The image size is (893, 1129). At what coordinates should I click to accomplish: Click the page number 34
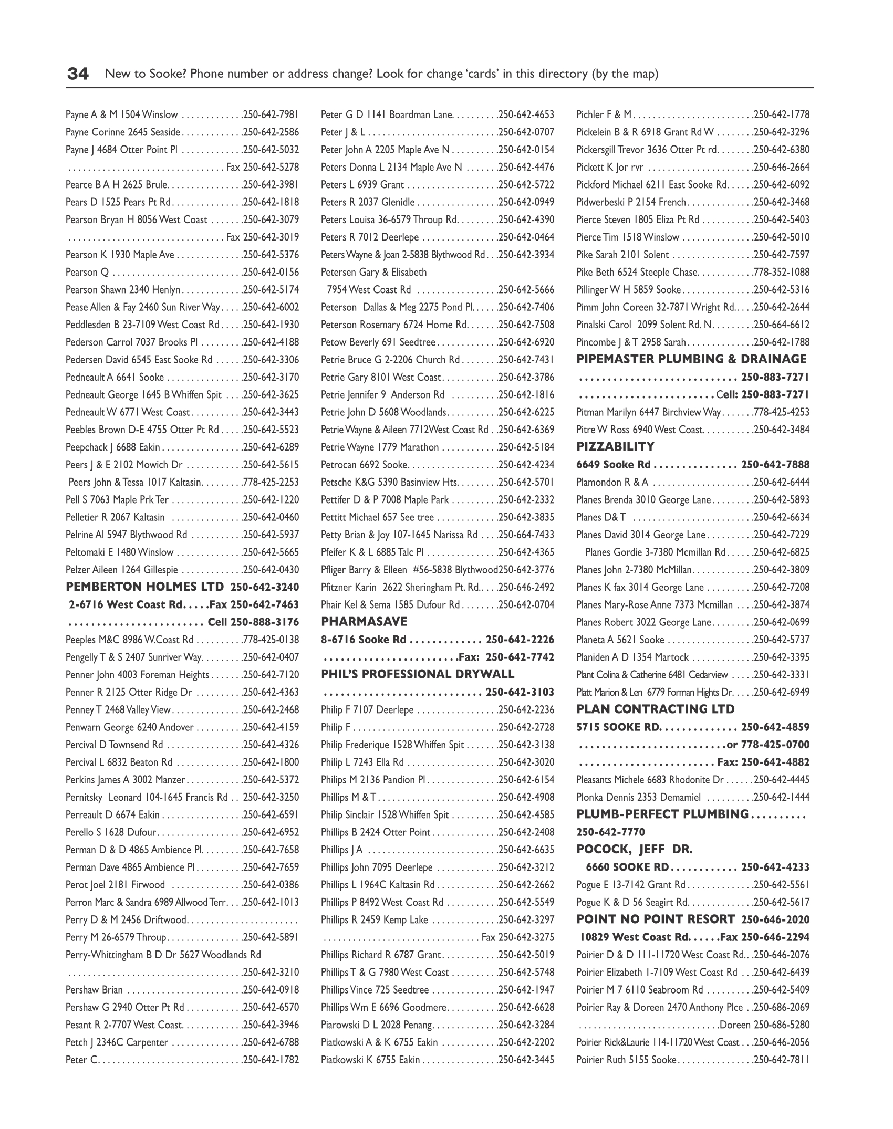pos(78,74)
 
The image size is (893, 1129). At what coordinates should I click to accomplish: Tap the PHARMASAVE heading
pos(364,622)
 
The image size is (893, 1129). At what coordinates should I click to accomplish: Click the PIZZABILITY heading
pos(615,447)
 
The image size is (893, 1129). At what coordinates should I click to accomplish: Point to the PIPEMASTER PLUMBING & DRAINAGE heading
pos(691,359)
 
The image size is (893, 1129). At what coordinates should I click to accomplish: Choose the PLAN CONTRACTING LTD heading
pos(656,709)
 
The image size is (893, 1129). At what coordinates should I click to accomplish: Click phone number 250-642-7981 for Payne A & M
pos(271,114)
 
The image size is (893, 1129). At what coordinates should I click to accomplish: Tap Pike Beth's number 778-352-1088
pos(782,272)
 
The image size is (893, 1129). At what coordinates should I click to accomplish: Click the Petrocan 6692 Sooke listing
pos(364,465)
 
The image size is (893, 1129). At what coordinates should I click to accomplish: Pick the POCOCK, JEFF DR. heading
pos(635,849)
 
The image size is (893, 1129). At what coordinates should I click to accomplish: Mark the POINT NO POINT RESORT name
pos(656,919)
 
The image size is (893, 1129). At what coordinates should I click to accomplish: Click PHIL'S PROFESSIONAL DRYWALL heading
pos(418,674)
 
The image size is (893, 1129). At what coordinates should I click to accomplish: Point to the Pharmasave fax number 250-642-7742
pos(520,657)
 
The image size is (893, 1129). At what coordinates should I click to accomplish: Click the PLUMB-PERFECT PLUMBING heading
pos(662,814)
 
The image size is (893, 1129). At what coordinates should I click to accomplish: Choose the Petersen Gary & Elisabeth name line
pos(373,272)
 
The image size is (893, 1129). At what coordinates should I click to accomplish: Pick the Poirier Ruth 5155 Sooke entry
pos(626,1060)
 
